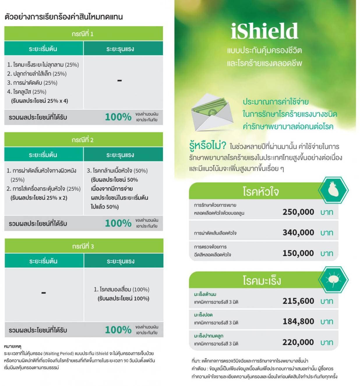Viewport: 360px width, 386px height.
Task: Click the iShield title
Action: pyautogui.click(x=264, y=31)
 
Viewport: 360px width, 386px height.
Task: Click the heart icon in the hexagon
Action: pyautogui.click(x=333, y=190)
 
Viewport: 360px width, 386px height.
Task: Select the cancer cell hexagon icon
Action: pyautogui.click(x=333, y=279)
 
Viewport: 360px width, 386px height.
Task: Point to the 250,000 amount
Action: pyautogui.click(x=298, y=212)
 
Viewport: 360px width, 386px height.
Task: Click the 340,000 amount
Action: pyautogui.click(x=298, y=232)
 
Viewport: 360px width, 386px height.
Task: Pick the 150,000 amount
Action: pyautogui.click(x=298, y=253)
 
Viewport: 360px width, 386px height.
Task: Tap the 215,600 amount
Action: pyautogui.click(x=298, y=301)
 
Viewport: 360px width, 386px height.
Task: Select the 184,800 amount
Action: pyautogui.click(x=298, y=321)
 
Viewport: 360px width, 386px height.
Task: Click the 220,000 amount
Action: pyautogui.click(x=298, y=342)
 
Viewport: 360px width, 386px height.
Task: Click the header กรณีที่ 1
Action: pyautogui.click(x=83, y=34)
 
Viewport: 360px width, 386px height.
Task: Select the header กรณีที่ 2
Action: pyautogui.click(x=83, y=140)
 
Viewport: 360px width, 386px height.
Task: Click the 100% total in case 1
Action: pyautogui.click(x=118, y=117)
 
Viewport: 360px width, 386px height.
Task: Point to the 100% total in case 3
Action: pyautogui.click(x=118, y=330)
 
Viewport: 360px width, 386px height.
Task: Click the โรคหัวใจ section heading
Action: pyautogui.click(x=261, y=191)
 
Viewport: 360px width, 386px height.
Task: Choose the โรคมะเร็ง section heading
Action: pyautogui.click(x=262, y=280)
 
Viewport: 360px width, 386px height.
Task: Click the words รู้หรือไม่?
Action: pyautogui.click(x=207, y=145)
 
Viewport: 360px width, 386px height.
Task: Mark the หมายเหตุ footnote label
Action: pyautogui.click(x=13, y=346)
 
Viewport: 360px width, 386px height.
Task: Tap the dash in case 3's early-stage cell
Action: pyautogui.click(x=44, y=292)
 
